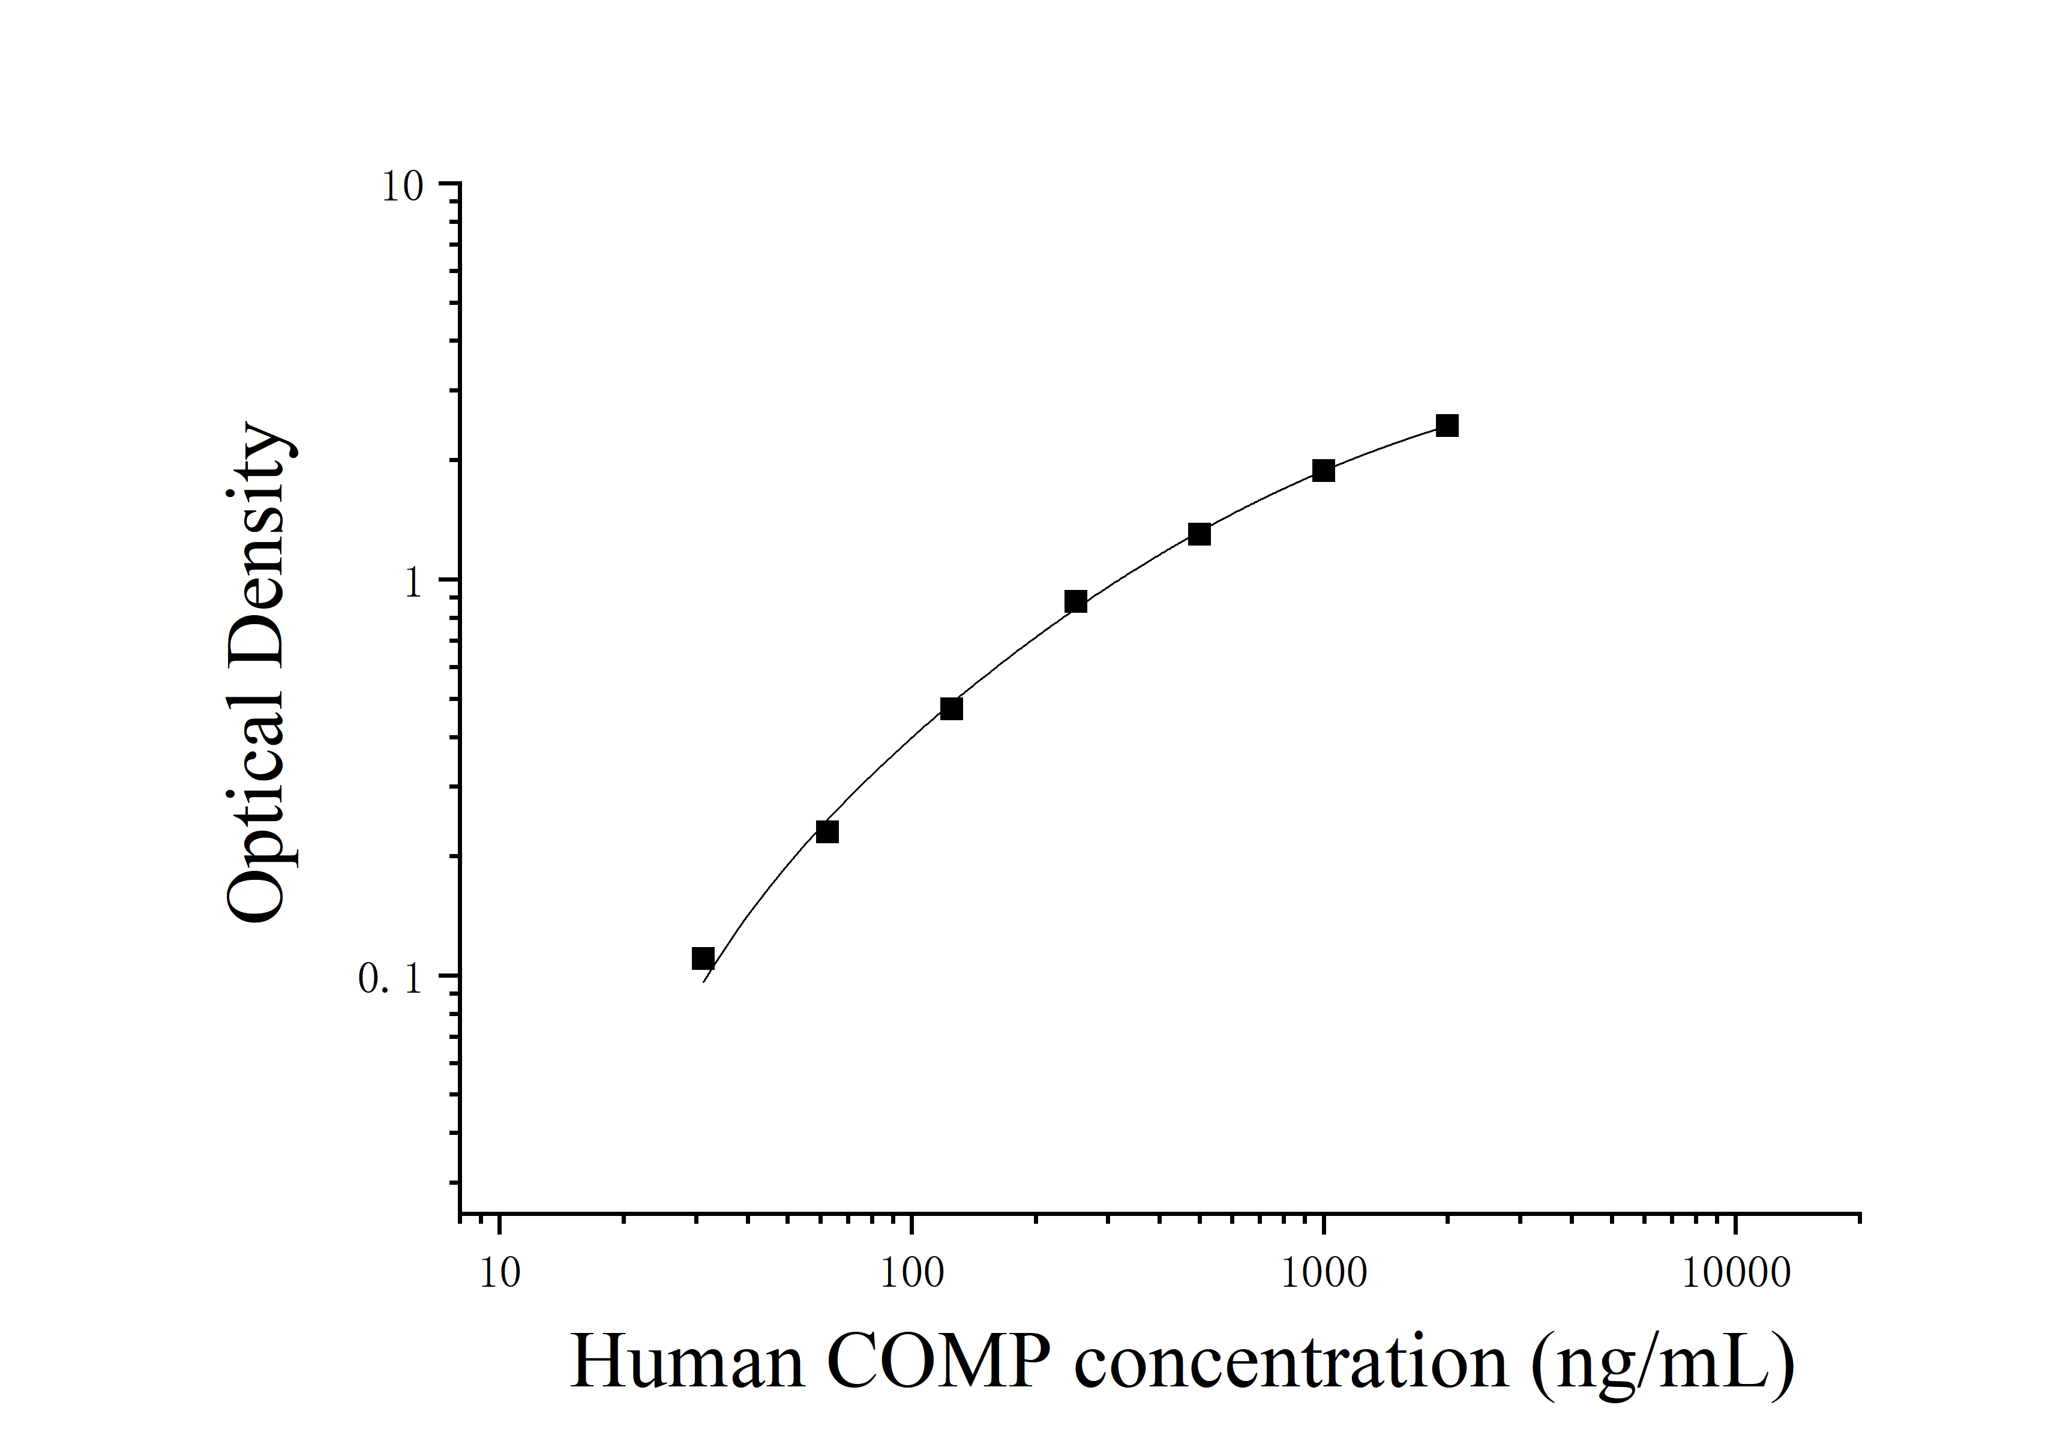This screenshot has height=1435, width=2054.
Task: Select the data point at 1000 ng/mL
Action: pos(1323,471)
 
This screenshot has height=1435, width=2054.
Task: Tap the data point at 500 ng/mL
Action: pos(1200,534)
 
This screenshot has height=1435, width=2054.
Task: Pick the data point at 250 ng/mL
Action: pos(1075,601)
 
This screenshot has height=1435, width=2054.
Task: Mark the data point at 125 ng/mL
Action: pos(951,709)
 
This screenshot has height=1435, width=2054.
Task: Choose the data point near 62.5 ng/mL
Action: pos(827,832)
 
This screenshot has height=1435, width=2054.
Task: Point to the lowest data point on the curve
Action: pos(703,958)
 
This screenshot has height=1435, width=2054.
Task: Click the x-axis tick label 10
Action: pos(499,1274)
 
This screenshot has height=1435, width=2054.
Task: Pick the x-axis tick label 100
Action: pos(911,1274)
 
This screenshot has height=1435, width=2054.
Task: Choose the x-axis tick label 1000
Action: pos(1324,1274)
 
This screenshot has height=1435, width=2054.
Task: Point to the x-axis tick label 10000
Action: pos(1735,1274)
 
